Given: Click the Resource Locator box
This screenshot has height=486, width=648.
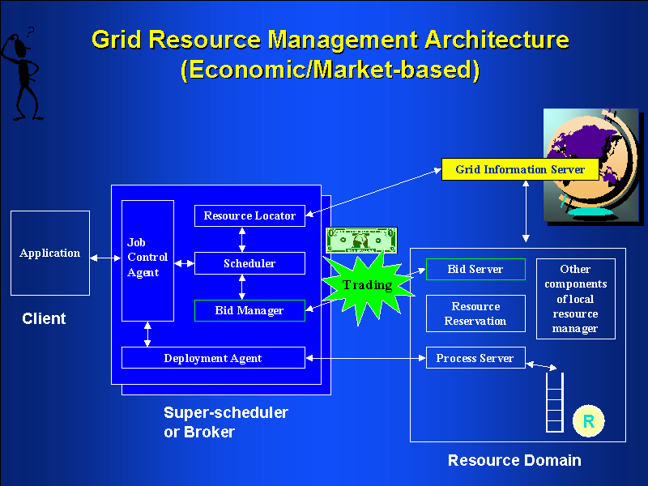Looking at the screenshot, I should pyautogui.click(x=249, y=216).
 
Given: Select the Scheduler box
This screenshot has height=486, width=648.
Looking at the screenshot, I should pyautogui.click(x=249, y=263).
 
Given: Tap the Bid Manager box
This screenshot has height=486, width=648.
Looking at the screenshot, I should pyautogui.click(x=249, y=310).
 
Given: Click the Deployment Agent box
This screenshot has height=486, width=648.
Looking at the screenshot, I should pyautogui.click(x=213, y=358).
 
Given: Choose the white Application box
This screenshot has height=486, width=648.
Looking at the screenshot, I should pyautogui.click(x=50, y=253).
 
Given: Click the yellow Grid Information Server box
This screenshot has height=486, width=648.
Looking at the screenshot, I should pyautogui.click(x=519, y=169).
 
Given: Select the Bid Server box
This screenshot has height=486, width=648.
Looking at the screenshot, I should pyautogui.click(x=475, y=269).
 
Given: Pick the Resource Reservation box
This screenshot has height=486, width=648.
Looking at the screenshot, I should pyautogui.click(x=475, y=313).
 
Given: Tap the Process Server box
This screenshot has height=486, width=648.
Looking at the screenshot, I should pyautogui.click(x=475, y=358).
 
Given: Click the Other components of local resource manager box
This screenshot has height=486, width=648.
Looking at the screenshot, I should pyautogui.click(x=576, y=298).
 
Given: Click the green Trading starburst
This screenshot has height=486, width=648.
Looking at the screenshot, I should pyautogui.click(x=367, y=285).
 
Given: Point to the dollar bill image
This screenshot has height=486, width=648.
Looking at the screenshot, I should pyautogui.click(x=362, y=240).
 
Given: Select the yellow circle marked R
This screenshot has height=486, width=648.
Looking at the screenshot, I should pyautogui.click(x=589, y=421).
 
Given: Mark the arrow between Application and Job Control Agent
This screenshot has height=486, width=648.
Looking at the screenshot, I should pyautogui.click(x=105, y=258).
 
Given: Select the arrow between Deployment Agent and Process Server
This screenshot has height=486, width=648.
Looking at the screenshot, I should pyautogui.click(x=365, y=358).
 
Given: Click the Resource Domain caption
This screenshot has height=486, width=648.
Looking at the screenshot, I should pyautogui.click(x=514, y=461).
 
